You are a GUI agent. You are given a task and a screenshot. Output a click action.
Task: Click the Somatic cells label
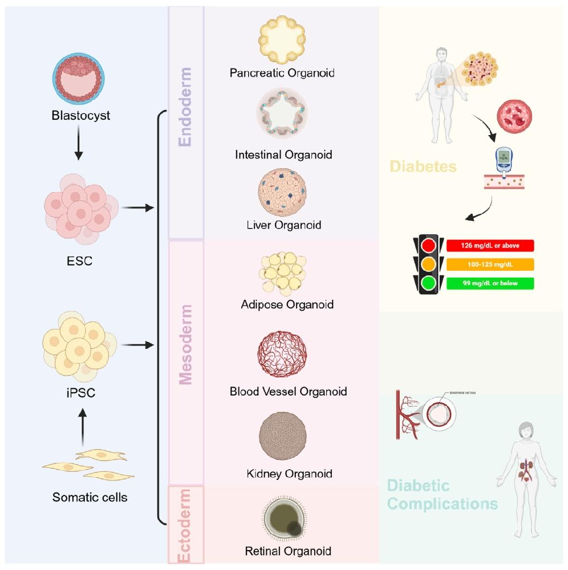(x=90, y=497)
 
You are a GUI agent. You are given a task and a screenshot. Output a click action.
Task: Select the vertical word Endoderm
(x=185, y=108)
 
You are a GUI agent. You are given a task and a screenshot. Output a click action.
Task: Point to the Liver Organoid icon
(x=282, y=191)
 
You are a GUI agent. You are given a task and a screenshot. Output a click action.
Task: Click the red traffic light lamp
(x=428, y=246)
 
